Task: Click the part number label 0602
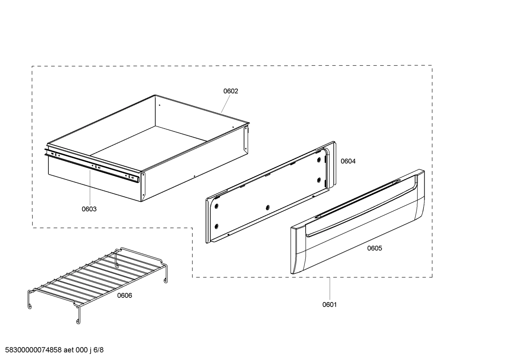[230, 91]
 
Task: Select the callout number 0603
[89, 209]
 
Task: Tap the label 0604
[348, 161]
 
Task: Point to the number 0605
[375, 248]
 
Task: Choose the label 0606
[125, 296]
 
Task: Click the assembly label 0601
[329, 305]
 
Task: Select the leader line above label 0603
[89, 187]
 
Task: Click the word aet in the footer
[69, 350]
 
